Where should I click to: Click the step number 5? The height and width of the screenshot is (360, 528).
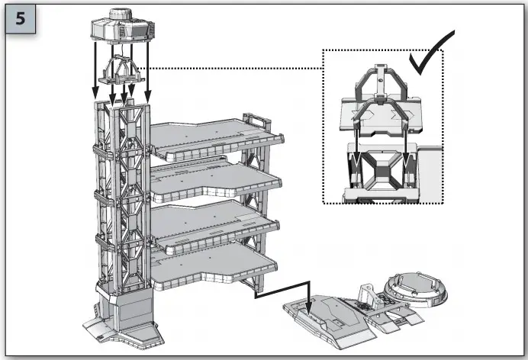pos(21,20)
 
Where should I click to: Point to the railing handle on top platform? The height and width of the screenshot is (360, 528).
pos(253,119)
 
